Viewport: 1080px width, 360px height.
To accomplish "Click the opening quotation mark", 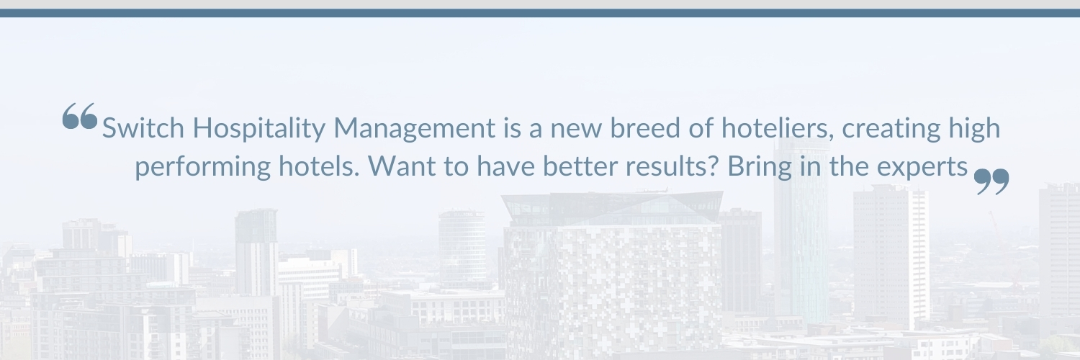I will click(79, 116).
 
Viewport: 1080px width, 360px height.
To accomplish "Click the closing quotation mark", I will click(992, 181).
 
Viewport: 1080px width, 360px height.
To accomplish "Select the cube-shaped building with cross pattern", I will click(612, 274).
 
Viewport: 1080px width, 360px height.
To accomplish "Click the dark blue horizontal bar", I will click(540, 13).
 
